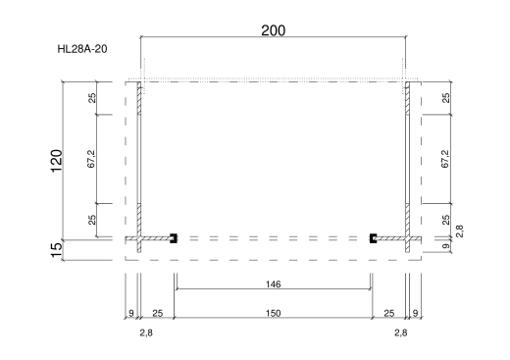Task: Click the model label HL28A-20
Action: coord(82,49)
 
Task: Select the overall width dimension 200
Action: coord(274,30)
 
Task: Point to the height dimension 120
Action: coord(56,161)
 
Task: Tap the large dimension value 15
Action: coord(57,250)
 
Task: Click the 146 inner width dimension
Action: coord(273,284)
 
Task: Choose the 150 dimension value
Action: coord(273,313)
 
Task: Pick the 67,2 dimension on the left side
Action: coord(91,159)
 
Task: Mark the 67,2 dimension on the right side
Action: coord(445,159)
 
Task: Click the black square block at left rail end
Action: coord(174,238)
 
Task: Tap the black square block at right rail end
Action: coord(373,238)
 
